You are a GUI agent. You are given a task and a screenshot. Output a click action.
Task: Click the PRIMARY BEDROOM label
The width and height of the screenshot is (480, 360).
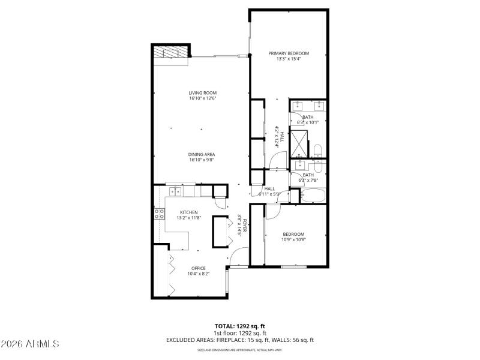pos(288,53)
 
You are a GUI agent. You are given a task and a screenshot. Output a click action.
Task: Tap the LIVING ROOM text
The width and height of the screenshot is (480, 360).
pos(202,93)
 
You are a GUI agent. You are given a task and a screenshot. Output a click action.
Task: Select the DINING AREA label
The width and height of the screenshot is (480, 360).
pos(202,154)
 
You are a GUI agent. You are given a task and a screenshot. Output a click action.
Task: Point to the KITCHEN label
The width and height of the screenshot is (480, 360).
pos(189,212)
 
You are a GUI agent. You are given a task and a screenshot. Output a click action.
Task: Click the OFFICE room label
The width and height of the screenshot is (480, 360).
pos(198,268)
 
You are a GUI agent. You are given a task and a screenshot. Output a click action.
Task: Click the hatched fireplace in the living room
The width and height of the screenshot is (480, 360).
pos(171,53)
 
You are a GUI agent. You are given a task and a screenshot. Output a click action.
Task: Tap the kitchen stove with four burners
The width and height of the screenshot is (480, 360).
pos(160,214)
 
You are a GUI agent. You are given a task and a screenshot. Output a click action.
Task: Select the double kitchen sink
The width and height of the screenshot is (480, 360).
pos(175,192)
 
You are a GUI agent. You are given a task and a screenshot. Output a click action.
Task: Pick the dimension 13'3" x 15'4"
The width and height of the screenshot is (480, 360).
pos(288,59)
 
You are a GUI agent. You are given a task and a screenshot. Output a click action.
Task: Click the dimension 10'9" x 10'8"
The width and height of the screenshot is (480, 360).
pos(293,240)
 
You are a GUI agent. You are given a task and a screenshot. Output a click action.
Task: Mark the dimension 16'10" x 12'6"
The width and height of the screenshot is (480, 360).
pos(202,98)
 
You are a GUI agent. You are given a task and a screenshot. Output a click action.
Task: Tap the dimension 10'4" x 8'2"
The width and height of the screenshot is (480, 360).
pos(198,274)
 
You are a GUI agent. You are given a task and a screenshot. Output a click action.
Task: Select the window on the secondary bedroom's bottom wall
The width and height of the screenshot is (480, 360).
pos(294,266)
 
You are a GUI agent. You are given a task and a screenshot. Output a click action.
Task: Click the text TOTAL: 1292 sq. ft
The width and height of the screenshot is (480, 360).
pos(240,326)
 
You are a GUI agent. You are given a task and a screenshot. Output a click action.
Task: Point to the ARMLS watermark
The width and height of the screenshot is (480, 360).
pos(30,344)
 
